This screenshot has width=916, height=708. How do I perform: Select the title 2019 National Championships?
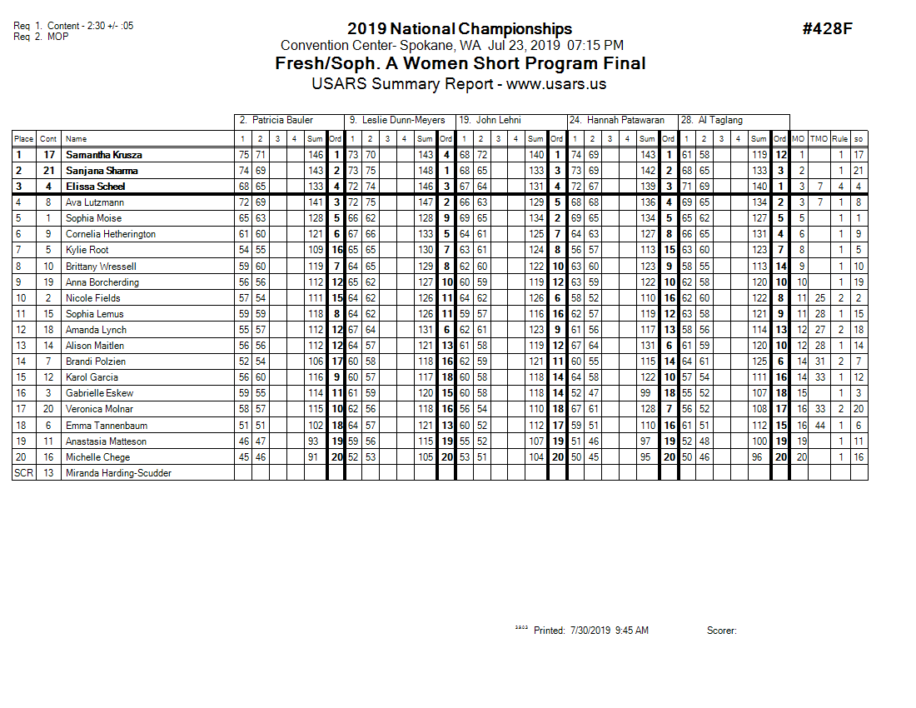(460, 29)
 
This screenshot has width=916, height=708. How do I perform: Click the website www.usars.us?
(556, 84)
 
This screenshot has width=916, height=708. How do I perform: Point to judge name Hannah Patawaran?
(622, 121)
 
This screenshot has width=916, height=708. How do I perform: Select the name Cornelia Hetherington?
(111, 234)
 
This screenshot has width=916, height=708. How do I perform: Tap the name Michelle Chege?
(97, 457)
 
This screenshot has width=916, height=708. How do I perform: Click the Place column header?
(23, 139)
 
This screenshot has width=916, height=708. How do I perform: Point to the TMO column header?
(819, 139)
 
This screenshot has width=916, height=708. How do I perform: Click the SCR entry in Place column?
(22, 473)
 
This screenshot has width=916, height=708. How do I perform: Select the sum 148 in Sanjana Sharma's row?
(425, 171)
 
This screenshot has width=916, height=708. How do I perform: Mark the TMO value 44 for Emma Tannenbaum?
(819, 425)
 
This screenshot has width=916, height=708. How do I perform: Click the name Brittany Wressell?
(101, 267)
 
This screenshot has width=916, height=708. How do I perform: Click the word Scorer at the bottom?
(721, 631)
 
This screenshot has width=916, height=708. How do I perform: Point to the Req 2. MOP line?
(41, 37)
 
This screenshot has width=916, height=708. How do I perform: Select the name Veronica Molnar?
(100, 409)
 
